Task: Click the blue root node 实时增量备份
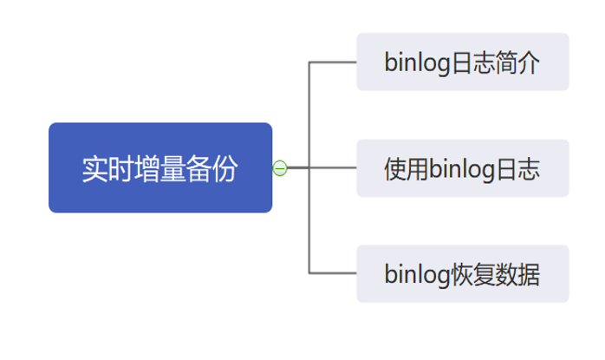pyautogui.click(x=160, y=167)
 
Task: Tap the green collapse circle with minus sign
pyautogui.click(x=280, y=168)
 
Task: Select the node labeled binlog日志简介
pyautogui.click(x=463, y=62)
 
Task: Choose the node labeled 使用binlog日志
pyautogui.click(x=463, y=168)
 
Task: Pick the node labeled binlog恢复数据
pyautogui.click(x=463, y=273)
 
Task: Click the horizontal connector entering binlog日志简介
pyautogui.click(x=333, y=62)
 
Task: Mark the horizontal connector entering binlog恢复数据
pyautogui.click(x=333, y=273)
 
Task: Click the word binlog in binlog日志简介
pyautogui.click(x=418, y=63)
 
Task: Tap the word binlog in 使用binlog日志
pyautogui.click(x=462, y=169)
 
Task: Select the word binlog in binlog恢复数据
pyautogui.click(x=418, y=275)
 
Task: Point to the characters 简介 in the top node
pyautogui.click(x=517, y=62)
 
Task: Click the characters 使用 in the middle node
pyautogui.click(x=407, y=169)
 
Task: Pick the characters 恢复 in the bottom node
pyautogui.click(x=473, y=274)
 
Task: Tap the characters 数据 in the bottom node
pyautogui.click(x=517, y=274)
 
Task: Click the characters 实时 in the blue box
pyautogui.click(x=108, y=169)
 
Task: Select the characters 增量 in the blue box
pyautogui.click(x=160, y=169)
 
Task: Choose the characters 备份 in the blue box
pyautogui.click(x=211, y=169)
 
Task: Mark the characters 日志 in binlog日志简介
pyautogui.click(x=473, y=62)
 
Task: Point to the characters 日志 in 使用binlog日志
pyautogui.click(x=517, y=169)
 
